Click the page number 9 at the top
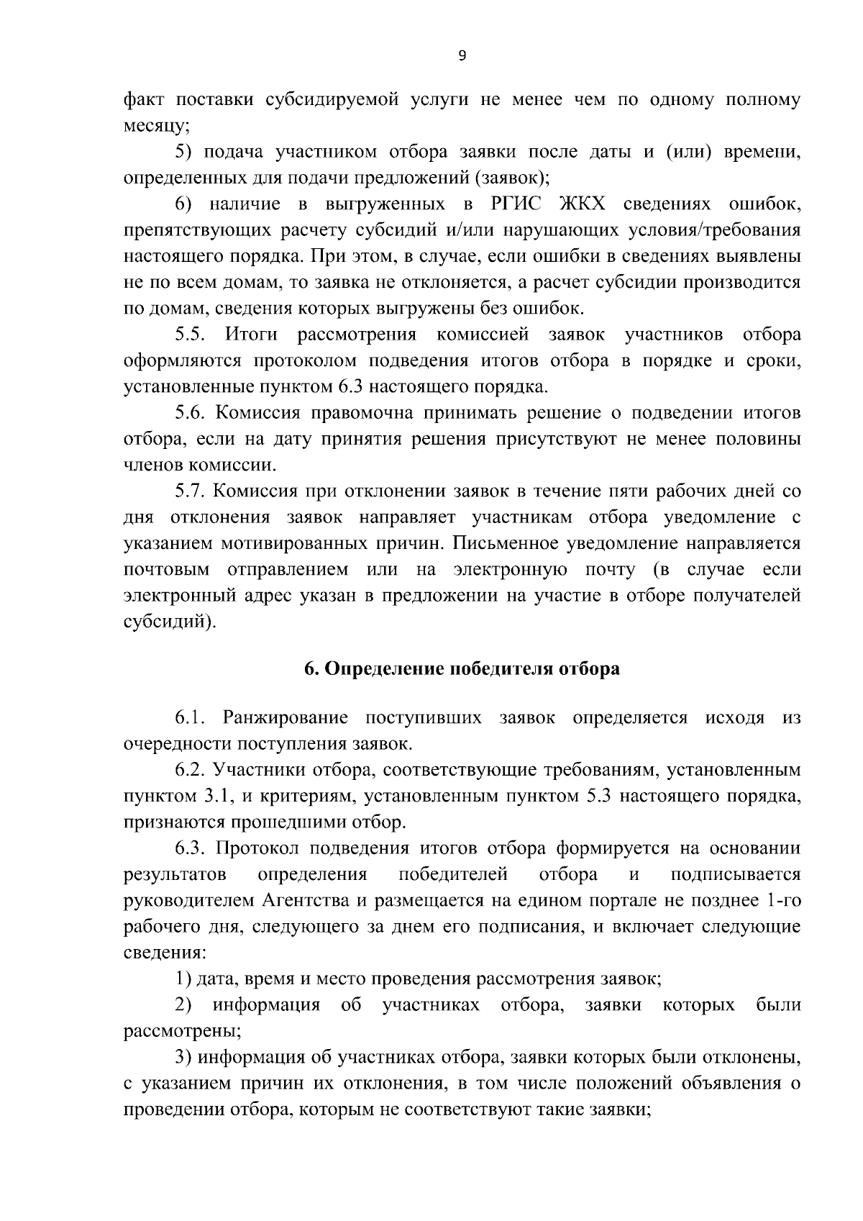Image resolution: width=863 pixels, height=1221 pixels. [x=462, y=56]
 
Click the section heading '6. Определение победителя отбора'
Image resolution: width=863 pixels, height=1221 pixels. [x=461, y=668]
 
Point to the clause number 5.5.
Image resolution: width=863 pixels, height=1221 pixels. [x=191, y=335]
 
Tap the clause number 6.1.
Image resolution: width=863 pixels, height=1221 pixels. [x=191, y=717]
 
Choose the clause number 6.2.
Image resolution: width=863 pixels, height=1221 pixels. [x=191, y=770]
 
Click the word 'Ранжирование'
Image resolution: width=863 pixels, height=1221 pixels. [x=286, y=717]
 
